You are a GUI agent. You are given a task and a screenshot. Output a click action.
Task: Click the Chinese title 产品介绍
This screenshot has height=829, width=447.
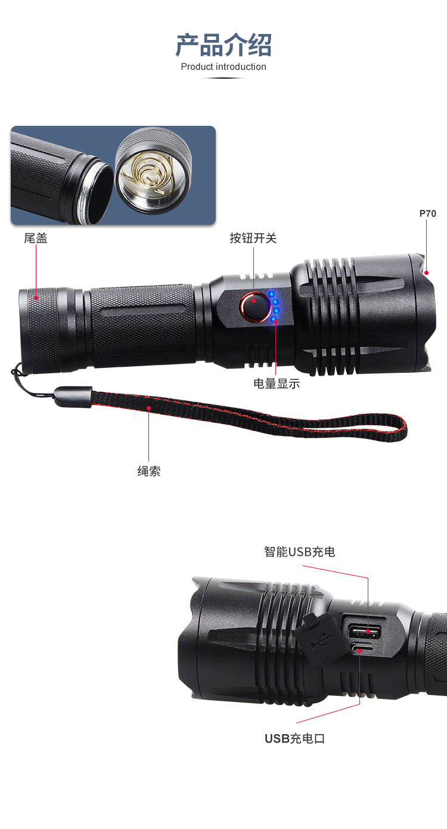223,45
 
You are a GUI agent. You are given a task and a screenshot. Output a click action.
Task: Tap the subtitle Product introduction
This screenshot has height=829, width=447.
223,67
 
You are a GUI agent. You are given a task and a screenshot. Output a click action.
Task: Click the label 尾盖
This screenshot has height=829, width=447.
36,238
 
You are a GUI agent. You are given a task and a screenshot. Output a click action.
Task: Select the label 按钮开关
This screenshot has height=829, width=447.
253,238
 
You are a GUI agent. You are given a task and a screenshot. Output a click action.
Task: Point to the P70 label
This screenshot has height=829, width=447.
427,214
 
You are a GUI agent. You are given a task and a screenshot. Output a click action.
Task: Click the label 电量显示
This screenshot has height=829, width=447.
276,383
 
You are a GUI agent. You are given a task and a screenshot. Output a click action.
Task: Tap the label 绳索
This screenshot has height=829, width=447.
148,471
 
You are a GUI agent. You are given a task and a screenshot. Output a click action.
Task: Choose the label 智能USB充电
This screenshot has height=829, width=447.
299,552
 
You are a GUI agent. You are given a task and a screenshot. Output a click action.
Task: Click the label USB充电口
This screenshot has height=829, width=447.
294,738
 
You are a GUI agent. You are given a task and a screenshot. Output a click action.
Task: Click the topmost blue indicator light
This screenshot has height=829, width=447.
271,295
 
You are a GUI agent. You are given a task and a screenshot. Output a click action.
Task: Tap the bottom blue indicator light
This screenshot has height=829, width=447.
274,319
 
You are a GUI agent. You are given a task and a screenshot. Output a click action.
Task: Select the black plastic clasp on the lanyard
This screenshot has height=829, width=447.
73,397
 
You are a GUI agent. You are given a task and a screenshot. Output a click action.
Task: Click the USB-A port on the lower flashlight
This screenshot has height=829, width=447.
365,630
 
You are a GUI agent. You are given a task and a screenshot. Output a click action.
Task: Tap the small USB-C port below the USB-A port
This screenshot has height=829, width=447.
362,648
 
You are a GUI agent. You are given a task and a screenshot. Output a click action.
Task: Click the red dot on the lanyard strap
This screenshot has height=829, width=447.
148,408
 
